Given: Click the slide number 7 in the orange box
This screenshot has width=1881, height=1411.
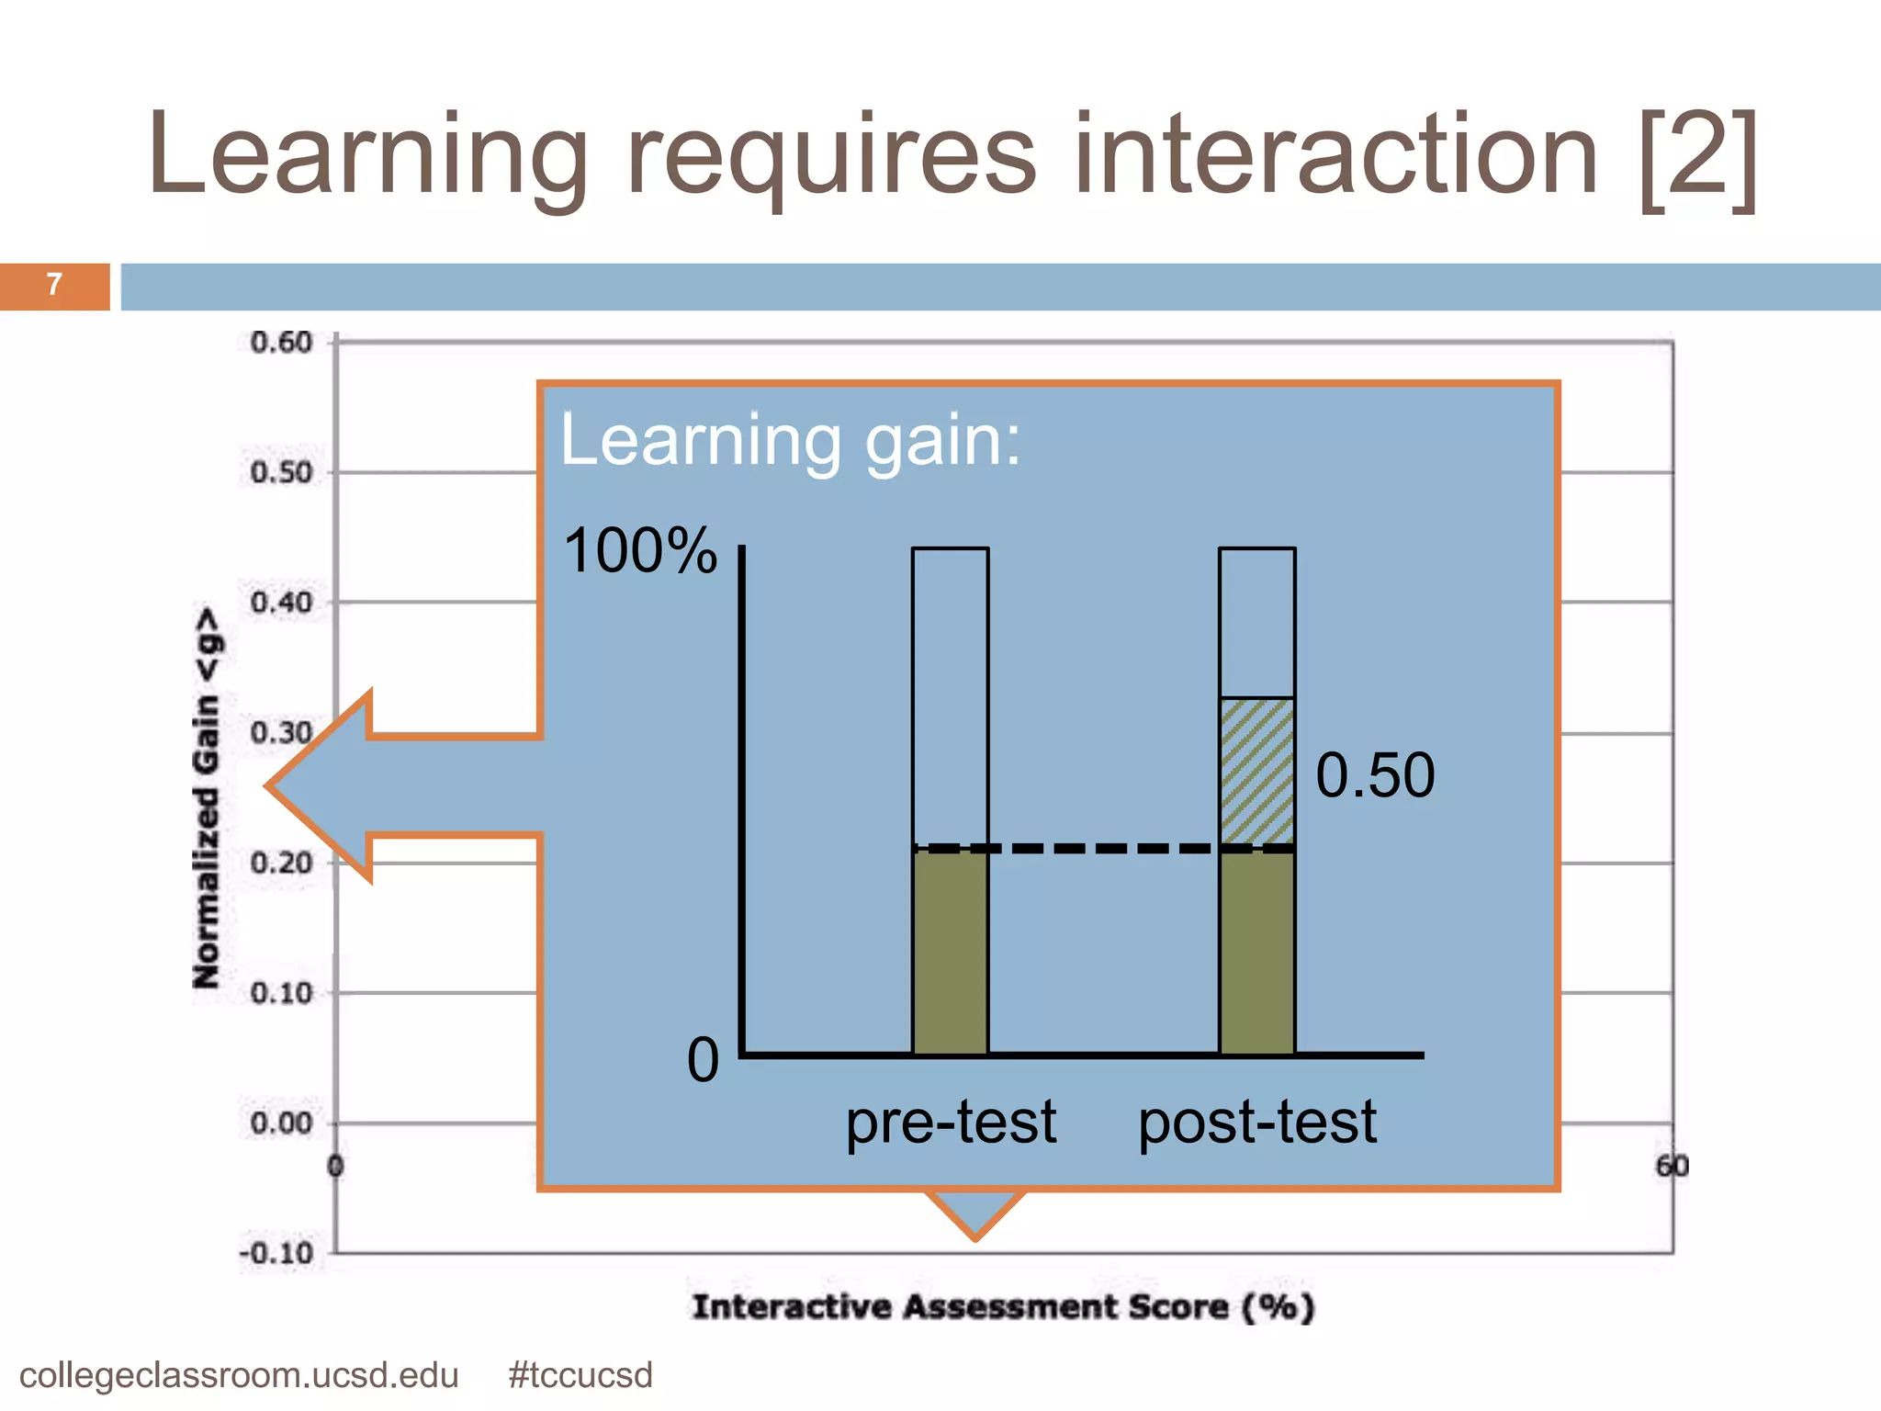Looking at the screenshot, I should (x=54, y=285).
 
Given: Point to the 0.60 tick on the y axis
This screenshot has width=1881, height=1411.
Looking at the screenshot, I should (x=281, y=343).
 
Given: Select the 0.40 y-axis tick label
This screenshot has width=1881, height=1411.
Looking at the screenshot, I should (x=281, y=604).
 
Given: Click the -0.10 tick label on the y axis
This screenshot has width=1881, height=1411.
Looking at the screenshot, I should (x=276, y=1254).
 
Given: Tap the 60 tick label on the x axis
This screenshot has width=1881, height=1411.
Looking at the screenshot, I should (x=1672, y=1166).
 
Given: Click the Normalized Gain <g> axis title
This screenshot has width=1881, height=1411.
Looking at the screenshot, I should (x=208, y=797).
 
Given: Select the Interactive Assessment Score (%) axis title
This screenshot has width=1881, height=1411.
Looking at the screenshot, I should (x=1003, y=1306).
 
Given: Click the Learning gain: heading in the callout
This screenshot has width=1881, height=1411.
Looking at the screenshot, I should (x=790, y=441).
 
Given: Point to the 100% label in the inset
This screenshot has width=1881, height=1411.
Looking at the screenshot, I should (x=640, y=551).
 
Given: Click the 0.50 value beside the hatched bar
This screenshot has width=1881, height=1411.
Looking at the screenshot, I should (x=1375, y=775).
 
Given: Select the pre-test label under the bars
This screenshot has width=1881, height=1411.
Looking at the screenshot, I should (x=951, y=1123).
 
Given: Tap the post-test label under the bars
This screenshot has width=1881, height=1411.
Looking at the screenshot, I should (x=1257, y=1123).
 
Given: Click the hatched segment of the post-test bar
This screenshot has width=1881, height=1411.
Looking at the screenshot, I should (x=1257, y=772).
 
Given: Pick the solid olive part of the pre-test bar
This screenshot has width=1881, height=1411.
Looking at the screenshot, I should (x=951, y=955).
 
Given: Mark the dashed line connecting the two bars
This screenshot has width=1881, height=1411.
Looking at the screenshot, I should (x=1102, y=848).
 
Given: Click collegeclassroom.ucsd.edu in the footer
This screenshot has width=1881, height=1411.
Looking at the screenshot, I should (x=239, y=1376).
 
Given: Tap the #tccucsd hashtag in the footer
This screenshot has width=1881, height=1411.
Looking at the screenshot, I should (x=580, y=1376).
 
